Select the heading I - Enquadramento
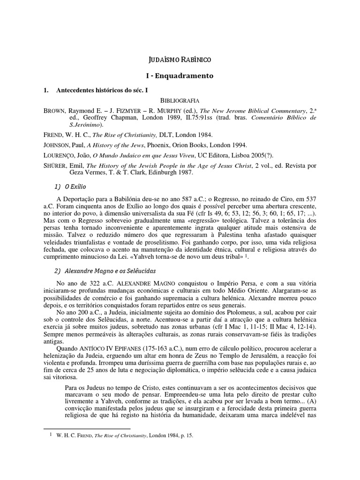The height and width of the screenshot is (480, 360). [x=180, y=75]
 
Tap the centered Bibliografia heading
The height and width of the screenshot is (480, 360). [x=180, y=100]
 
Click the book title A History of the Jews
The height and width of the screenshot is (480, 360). [x=124, y=145]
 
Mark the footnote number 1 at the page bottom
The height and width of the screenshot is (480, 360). [x=51, y=435]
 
